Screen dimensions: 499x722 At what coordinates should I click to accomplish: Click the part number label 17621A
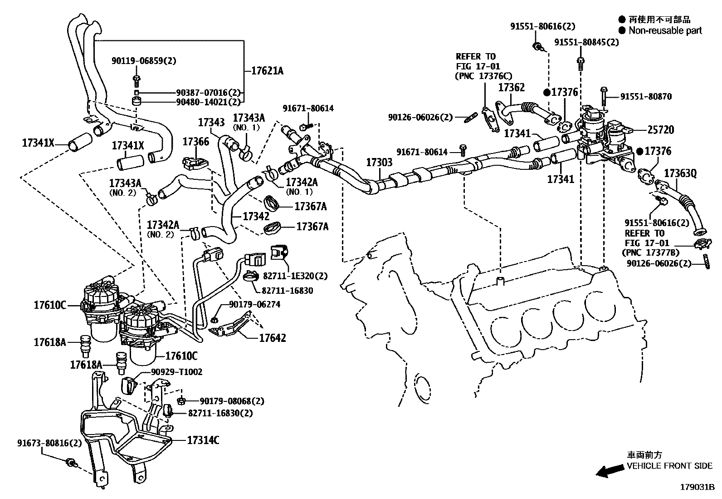(x=264, y=71)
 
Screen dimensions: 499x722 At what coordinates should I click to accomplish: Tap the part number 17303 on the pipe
(x=379, y=163)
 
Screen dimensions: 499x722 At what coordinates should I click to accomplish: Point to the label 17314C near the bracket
(x=203, y=440)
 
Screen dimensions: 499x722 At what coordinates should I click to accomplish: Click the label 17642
(x=273, y=338)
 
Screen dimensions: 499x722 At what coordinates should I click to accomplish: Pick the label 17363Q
(x=680, y=173)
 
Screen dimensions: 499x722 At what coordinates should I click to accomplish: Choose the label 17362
(x=511, y=87)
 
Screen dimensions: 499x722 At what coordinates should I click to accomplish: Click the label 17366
(x=195, y=142)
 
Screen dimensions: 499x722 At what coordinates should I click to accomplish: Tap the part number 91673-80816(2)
(x=50, y=443)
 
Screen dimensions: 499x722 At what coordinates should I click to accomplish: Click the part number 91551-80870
(x=646, y=97)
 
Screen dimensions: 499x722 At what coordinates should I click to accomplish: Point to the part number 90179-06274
(x=254, y=304)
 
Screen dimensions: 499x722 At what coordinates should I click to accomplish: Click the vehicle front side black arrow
(x=609, y=472)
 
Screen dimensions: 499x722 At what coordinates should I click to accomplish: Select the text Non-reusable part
(x=664, y=30)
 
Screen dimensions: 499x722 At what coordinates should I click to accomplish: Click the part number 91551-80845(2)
(x=586, y=42)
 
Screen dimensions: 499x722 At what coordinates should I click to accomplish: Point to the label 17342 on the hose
(x=256, y=216)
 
